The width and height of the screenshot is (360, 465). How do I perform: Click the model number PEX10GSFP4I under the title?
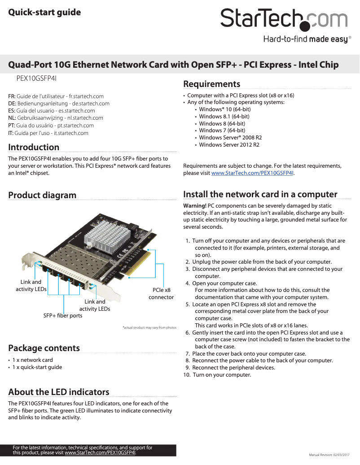36,78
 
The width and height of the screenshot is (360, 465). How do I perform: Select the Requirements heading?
211,84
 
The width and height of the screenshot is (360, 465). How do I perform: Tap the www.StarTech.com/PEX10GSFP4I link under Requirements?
253,173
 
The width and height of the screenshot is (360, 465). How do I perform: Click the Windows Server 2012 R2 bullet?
229,145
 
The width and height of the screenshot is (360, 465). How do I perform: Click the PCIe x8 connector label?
161,294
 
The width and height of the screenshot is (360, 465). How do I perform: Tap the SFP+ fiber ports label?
63,316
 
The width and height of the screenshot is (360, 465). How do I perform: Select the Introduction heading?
34,147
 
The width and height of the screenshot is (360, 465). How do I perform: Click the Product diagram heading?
42,195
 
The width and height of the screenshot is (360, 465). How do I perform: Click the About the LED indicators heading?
59,392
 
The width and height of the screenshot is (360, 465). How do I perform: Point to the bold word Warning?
195,206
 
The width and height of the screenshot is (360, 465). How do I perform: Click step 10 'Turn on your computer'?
217,375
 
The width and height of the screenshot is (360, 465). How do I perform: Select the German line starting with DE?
59,104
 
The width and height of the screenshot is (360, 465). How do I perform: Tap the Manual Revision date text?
329,455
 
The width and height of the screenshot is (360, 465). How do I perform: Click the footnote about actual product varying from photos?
149,327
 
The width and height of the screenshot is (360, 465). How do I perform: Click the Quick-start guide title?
44,12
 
